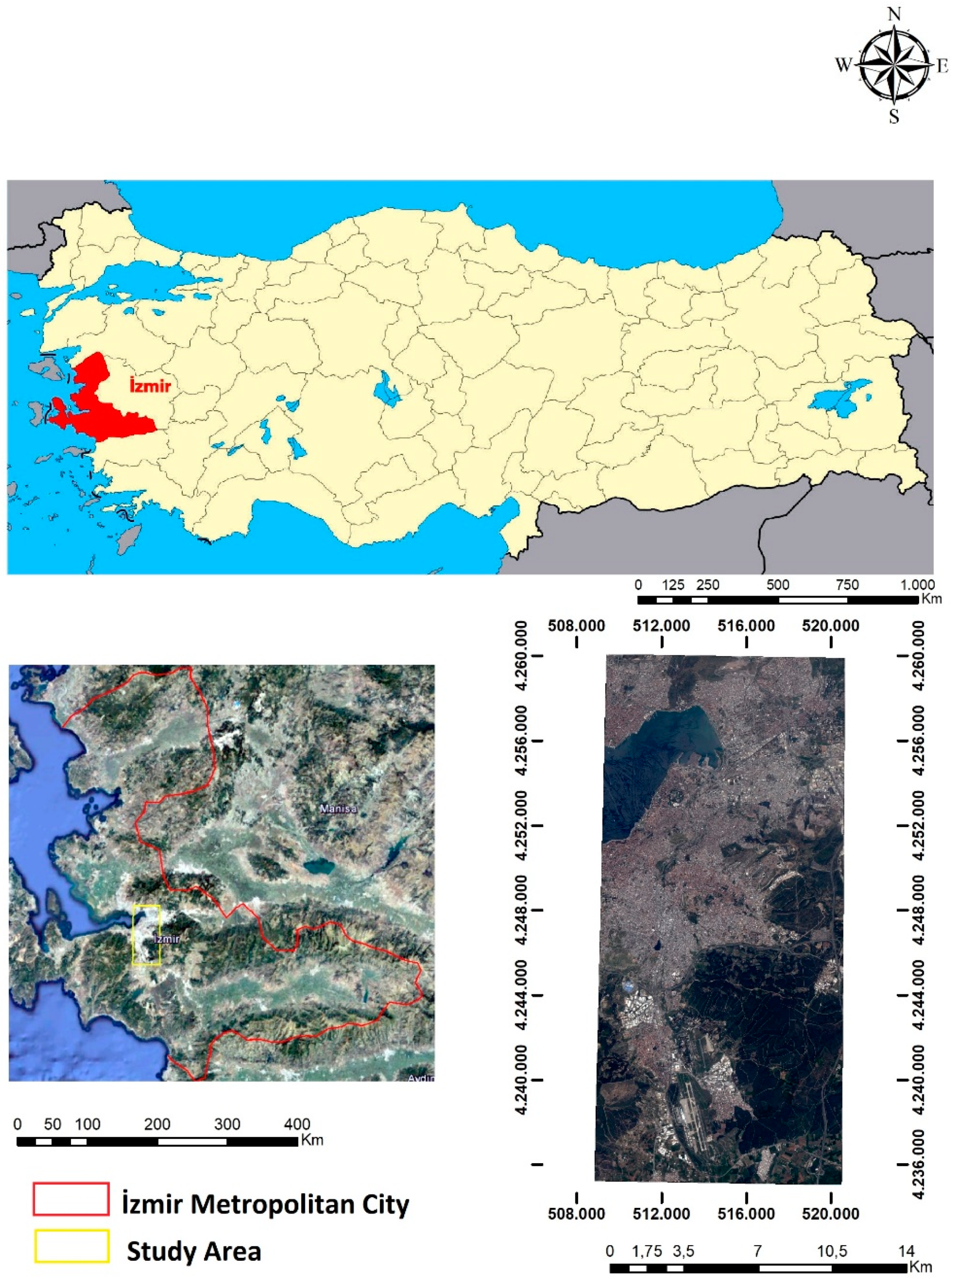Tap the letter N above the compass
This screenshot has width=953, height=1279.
894,14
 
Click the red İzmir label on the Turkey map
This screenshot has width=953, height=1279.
150,385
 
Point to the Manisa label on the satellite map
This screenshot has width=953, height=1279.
338,809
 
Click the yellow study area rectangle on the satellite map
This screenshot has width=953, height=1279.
146,935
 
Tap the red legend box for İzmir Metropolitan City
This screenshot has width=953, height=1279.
71,1199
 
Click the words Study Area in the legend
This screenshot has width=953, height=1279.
194,1251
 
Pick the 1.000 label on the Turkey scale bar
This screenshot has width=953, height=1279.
917,585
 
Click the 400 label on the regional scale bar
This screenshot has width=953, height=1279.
297,1124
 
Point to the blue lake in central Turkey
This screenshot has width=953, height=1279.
386,388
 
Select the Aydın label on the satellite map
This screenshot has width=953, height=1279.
421,1078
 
